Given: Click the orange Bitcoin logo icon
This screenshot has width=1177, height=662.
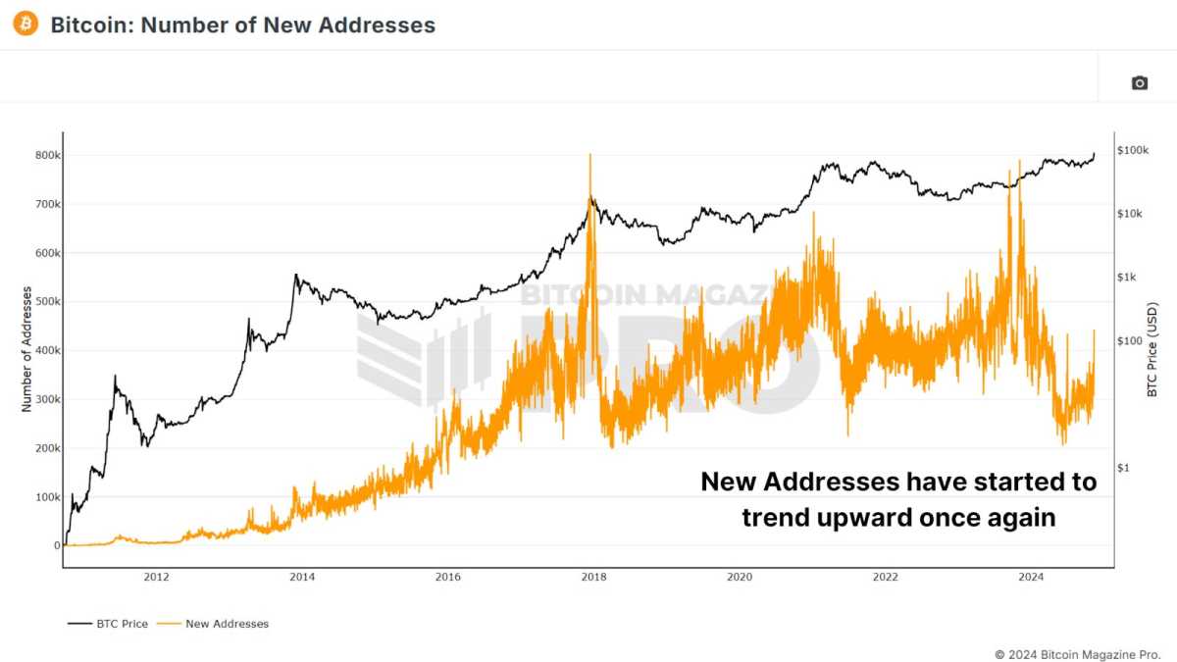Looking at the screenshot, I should tap(25, 24).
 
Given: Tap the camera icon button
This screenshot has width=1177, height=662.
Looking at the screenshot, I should tap(1139, 83).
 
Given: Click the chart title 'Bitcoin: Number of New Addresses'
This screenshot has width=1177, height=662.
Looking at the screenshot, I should tap(242, 25).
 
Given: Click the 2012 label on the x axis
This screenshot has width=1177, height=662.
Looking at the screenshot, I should tap(157, 577).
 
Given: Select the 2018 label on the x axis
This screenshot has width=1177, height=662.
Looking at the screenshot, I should tap(593, 577).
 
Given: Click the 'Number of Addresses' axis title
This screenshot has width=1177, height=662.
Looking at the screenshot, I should tap(26, 349).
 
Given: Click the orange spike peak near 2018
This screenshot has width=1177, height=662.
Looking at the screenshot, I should tap(589, 155).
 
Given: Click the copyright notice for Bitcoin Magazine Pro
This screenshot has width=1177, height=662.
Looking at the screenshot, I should tap(1077, 653).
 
